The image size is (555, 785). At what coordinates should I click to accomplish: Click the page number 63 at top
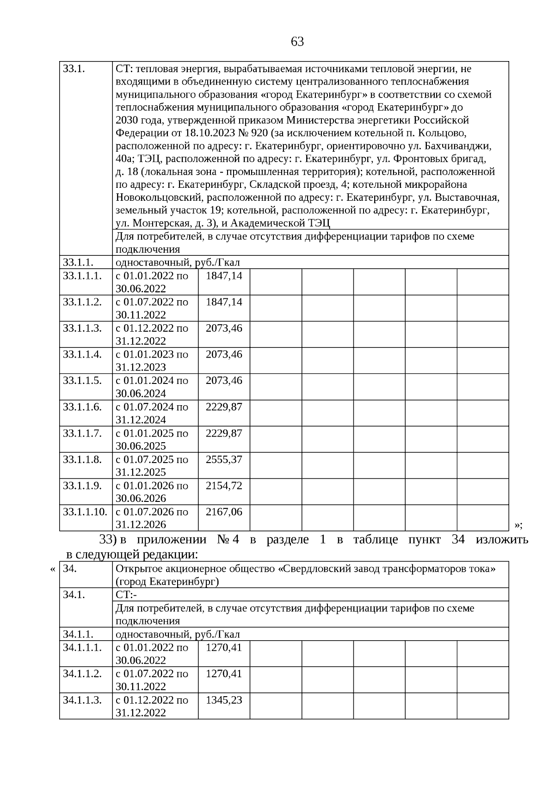(297, 42)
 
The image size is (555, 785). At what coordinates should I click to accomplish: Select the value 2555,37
(224, 460)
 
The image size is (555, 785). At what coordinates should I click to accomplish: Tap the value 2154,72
(224, 486)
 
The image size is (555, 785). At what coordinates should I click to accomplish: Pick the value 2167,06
(224, 512)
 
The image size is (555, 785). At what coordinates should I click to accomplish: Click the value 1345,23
(224, 700)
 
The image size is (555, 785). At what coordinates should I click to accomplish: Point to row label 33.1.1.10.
(85, 512)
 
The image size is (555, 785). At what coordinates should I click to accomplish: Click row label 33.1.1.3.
(82, 328)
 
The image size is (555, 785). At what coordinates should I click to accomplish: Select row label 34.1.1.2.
(82, 674)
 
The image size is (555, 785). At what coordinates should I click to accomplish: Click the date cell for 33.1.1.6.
(152, 413)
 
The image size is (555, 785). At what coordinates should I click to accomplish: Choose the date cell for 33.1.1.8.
(152, 465)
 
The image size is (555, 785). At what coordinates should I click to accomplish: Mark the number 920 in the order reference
(259, 133)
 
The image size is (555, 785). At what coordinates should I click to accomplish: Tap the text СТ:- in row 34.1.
(123, 595)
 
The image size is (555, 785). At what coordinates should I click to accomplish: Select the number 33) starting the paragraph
(107, 540)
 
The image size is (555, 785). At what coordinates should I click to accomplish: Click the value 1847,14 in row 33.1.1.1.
(224, 276)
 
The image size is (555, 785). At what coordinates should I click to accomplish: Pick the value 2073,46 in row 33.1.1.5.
(224, 381)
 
